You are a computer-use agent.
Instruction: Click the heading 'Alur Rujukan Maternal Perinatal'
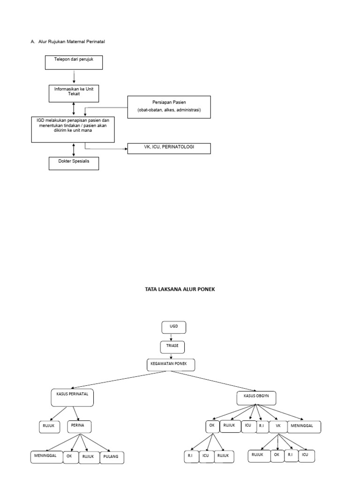point(71,42)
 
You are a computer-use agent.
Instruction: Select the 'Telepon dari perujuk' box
point(74,62)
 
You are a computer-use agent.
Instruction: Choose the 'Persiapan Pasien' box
point(169,106)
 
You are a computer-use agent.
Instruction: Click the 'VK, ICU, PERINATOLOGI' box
point(169,149)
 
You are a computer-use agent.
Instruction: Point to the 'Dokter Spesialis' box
point(74,163)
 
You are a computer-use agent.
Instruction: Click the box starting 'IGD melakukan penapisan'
point(73,129)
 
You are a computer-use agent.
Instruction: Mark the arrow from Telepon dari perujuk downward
point(74,76)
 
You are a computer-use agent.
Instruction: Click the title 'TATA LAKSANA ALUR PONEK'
point(180,290)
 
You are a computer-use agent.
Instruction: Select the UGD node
point(174,327)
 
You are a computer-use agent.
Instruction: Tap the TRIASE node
point(172,347)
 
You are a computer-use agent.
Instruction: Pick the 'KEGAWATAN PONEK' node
point(171,365)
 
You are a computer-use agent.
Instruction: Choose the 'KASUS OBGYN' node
point(256,398)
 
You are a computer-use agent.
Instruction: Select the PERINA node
point(79,426)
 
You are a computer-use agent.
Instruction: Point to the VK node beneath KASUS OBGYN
point(277,426)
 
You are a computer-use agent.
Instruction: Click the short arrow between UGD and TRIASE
point(172,337)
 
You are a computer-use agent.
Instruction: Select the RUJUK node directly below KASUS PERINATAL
point(46,427)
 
